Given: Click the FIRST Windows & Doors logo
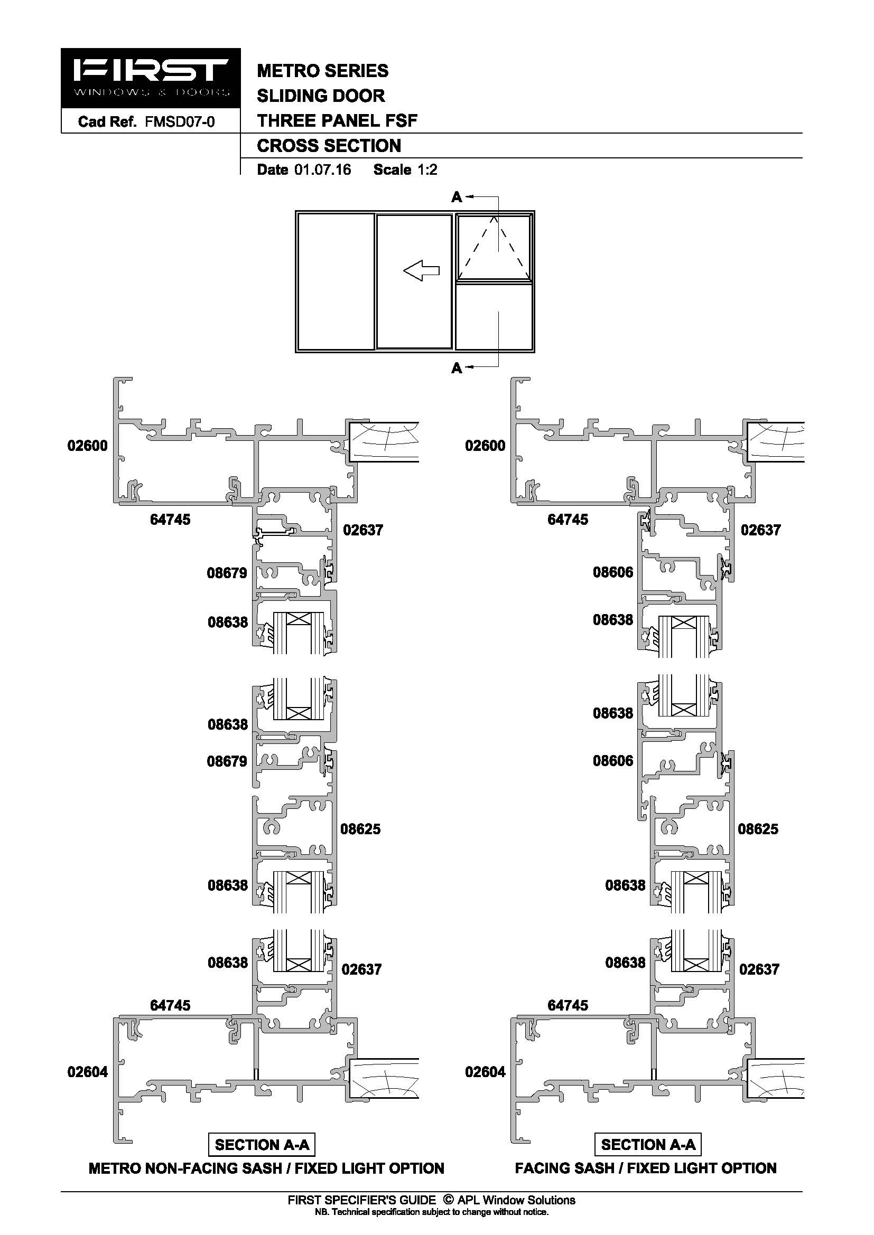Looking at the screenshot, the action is pyautogui.click(x=151, y=79).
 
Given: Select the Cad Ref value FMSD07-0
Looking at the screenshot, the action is pyautogui.click(x=180, y=122).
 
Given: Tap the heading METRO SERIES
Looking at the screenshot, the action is pyautogui.click(x=323, y=71).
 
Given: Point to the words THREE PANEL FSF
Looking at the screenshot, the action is pyautogui.click(x=338, y=120).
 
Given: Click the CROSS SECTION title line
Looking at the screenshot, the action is pyautogui.click(x=329, y=146).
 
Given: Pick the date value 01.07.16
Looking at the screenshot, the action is pyautogui.click(x=323, y=170).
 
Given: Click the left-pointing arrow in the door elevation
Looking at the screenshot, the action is pyautogui.click(x=421, y=270).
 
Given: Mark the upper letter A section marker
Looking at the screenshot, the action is pyautogui.click(x=457, y=197).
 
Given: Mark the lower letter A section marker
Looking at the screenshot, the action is pyautogui.click(x=457, y=368).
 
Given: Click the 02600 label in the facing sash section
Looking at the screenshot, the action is pyautogui.click(x=486, y=446).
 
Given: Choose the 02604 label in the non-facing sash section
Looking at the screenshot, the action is pyautogui.click(x=88, y=1072).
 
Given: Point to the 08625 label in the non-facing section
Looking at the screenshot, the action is pyautogui.click(x=360, y=829).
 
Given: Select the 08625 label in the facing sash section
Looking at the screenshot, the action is pyautogui.click(x=758, y=829).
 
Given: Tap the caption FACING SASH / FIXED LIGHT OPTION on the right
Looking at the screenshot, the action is pyautogui.click(x=646, y=1168).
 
